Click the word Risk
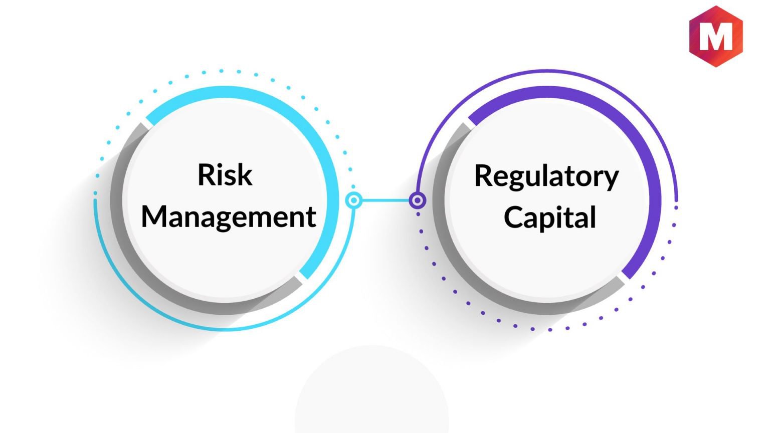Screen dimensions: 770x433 pos(225,174)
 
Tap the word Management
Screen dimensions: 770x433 pos(229,216)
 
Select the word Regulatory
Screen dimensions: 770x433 pos(546,177)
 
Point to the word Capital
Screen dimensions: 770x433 pos(549,217)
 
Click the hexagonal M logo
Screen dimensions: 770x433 pos(716,36)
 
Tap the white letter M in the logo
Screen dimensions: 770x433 pos(716,37)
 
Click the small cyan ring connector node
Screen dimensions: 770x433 pos(354,200)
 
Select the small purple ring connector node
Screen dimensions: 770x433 pos(417,200)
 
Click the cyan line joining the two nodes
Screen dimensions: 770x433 pos(386,200)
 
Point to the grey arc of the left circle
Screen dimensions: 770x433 pos(144,268)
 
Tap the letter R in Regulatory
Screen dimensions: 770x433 pos(483,175)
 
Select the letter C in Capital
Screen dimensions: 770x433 pos(513,217)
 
